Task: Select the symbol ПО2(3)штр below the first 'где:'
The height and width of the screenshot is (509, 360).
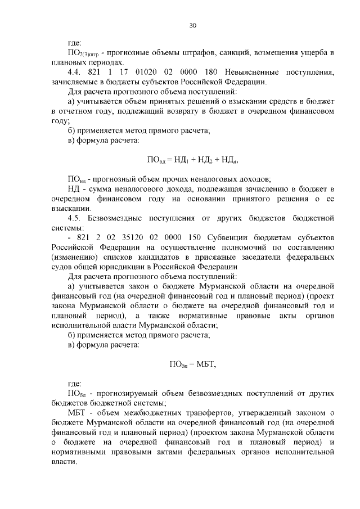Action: point(83,53)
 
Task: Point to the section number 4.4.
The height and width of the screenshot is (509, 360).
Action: point(75,72)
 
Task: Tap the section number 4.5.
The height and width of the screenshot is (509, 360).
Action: point(75,218)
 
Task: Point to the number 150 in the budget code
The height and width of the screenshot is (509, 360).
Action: point(203,237)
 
